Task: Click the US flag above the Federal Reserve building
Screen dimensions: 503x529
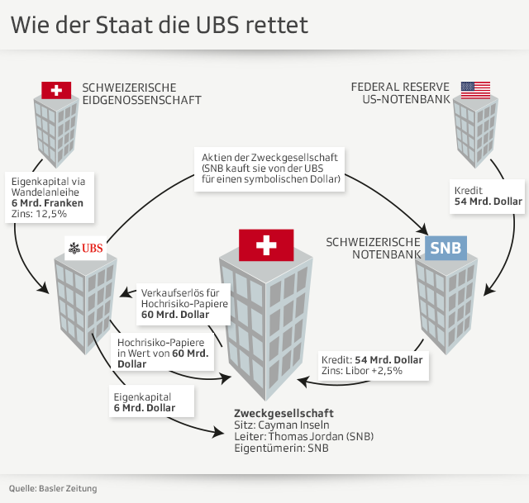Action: tap(475, 90)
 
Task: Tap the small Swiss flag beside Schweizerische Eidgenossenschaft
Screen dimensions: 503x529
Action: tap(56, 90)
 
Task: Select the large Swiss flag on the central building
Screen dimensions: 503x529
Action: tap(266, 245)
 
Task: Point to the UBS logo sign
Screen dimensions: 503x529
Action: tap(86, 247)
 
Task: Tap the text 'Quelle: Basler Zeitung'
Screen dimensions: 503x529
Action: tap(53, 488)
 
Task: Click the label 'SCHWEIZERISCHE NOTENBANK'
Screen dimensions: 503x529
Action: tap(374, 248)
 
